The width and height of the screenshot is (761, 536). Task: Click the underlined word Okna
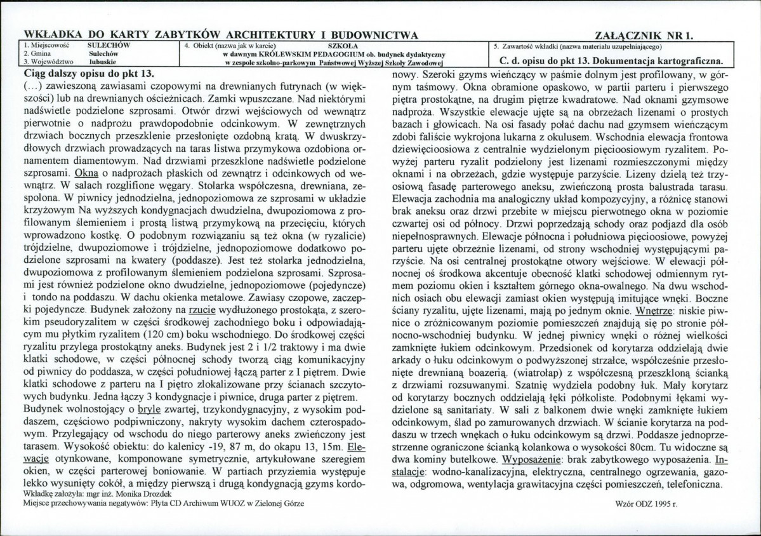(x=86, y=173)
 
